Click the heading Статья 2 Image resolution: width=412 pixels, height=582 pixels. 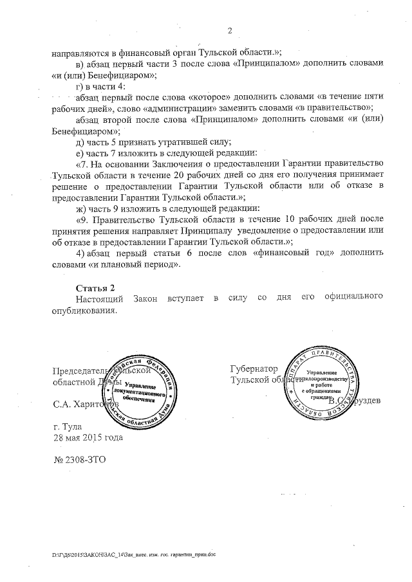pos(95,286)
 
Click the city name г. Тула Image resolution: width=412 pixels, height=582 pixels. pos(66,427)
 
